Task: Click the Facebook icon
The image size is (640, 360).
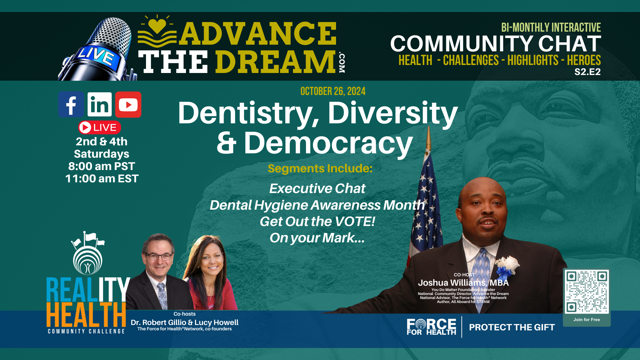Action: (x=71, y=104)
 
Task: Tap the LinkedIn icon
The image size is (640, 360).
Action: (x=100, y=104)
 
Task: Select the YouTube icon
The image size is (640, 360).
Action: (x=128, y=105)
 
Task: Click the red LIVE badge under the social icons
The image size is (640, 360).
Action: (x=100, y=127)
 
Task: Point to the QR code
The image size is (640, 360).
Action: (x=587, y=292)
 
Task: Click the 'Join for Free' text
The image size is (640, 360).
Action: (x=587, y=320)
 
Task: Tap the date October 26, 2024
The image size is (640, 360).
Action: (x=333, y=91)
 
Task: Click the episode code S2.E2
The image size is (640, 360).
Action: (x=587, y=72)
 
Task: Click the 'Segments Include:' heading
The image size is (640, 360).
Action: (x=320, y=169)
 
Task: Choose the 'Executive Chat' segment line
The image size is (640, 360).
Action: (x=317, y=189)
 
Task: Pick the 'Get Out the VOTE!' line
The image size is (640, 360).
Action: (x=317, y=221)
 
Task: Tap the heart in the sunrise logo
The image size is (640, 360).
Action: (x=157, y=25)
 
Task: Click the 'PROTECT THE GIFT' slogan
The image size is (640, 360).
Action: (x=512, y=327)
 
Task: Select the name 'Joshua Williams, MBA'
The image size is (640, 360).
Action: (x=463, y=283)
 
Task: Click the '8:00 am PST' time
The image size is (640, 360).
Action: (x=102, y=166)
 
